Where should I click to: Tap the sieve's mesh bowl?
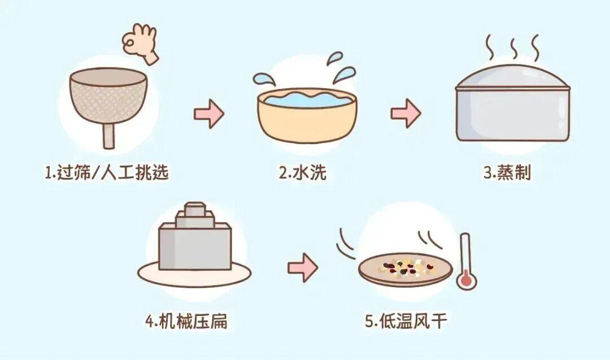pyautogui.click(x=110, y=97)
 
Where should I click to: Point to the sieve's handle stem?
pyautogui.click(x=109, y=136)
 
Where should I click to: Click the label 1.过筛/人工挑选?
pyautogui.click(x=107, y=172)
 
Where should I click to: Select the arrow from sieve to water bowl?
pyautogui.click(x=210, y=114)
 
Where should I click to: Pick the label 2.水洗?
pyautogui.click(x=302, y=172)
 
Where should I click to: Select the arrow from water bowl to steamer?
pyautogui.click(x=406, y=113)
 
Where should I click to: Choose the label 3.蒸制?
pyautogui.click(x=507, y=172)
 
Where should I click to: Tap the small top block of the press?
pyautogui.click(x=195, y=208)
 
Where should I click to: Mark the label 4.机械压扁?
pyautogui.click(x=186, y=322)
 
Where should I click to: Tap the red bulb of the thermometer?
pyautogui.click(x=467, y=280)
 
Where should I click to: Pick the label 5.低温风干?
pyautogui.click(x=406, y=322)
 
